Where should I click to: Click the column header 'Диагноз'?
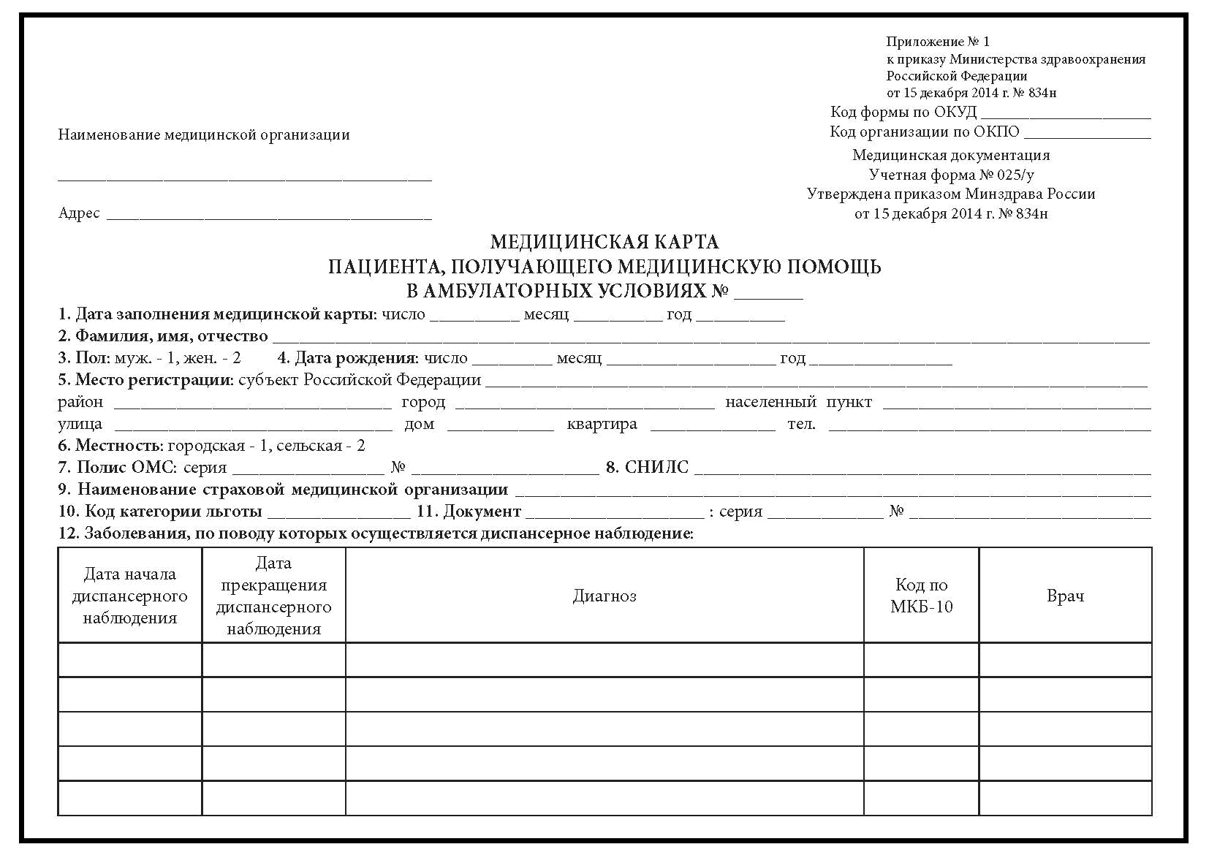604,596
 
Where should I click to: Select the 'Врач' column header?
1065,596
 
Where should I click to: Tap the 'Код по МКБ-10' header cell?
921,596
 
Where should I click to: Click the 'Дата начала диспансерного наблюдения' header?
129,596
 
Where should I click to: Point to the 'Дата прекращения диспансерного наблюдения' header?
273,596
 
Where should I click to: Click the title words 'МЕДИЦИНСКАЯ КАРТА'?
604,242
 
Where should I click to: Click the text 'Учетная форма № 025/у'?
951,175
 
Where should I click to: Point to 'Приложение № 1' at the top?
938,42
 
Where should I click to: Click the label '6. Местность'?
110,446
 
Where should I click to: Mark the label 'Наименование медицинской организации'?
204,135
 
